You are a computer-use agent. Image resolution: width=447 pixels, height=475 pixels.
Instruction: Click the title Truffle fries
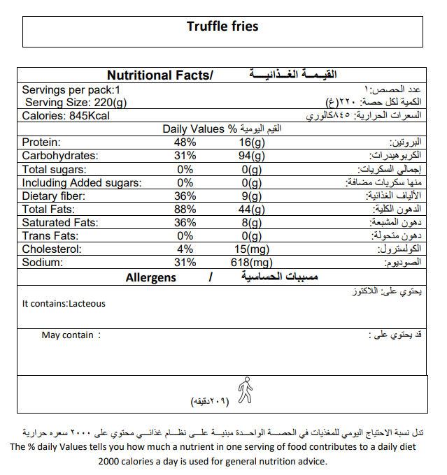pyautogui.click(x=222, y=27)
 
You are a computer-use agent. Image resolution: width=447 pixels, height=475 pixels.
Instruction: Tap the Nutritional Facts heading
pyautogui.click(x=159, y=75)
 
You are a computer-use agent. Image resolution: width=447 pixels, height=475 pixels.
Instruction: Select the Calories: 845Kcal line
pyautogui.click(x=65, y=116)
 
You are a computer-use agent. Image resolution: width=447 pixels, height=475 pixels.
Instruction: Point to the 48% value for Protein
pyautogui.click(x=185, y=142)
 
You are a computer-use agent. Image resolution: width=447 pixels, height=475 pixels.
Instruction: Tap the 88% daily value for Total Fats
pyautogui.click(x=185, y=210)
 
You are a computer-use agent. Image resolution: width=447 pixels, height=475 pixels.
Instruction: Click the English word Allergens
pyautogui.click(x=150, y=278)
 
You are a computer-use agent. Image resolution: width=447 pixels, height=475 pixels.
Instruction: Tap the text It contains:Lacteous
pyautogui.click(x=64, y=304)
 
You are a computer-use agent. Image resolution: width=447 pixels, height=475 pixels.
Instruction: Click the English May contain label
pyautogui.click(x=68, y=335)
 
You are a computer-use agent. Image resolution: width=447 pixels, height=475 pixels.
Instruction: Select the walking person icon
pyautogui.click(x=244, y=389)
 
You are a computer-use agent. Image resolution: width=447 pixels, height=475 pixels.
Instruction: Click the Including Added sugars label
pyautogui.click(x=82, y=183)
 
